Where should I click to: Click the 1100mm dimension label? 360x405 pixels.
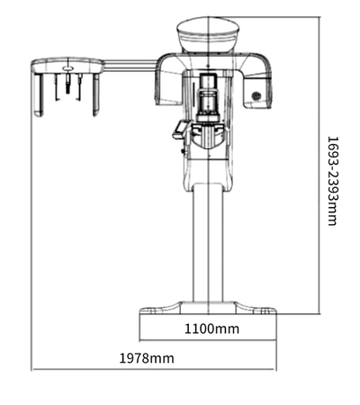point(211,328)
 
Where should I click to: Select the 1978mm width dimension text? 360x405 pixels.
point(147,358)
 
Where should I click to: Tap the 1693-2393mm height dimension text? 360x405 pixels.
point(332,181)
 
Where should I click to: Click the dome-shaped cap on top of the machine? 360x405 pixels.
point(208,34)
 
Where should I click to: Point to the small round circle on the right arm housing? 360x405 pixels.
point(256,96)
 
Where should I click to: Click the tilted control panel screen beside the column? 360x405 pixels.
point(181,130)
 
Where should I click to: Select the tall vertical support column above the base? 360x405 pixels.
point(208,243)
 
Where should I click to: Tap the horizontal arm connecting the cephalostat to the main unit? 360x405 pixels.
point(130,66)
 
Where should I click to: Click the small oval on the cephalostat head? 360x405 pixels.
point(67,68)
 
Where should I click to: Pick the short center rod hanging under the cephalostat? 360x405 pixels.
point(67,83)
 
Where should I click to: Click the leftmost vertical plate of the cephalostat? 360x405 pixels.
point(38,94)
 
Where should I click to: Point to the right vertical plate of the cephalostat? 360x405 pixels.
point(96,94)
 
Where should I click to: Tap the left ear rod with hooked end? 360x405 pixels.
point(56,87)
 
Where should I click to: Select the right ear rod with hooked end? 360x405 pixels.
point(79,87)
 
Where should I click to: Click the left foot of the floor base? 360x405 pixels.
point(160,309)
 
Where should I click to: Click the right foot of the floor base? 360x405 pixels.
point(256,309)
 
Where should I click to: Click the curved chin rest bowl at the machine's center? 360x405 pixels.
point(208,137)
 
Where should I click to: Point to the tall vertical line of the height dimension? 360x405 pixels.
point(319,166)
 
